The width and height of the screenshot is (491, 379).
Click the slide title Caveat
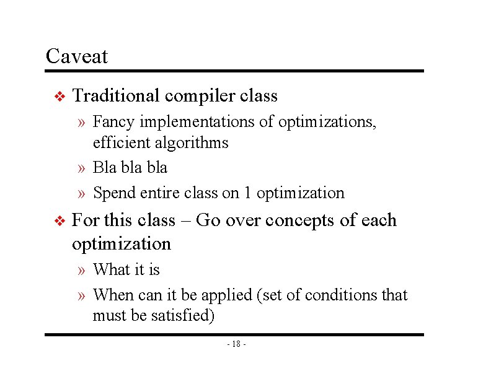coord(77,56)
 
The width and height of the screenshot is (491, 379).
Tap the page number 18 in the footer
coord(237,344)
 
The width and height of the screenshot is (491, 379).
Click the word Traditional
coord(116,96)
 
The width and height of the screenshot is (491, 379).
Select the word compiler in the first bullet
coord(200,97)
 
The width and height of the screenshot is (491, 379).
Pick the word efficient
coord(116,143)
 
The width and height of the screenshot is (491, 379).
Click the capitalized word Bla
coord(104,168)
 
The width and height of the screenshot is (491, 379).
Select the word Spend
coord(111,193)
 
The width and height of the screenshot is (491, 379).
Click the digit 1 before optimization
coord(247,193)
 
